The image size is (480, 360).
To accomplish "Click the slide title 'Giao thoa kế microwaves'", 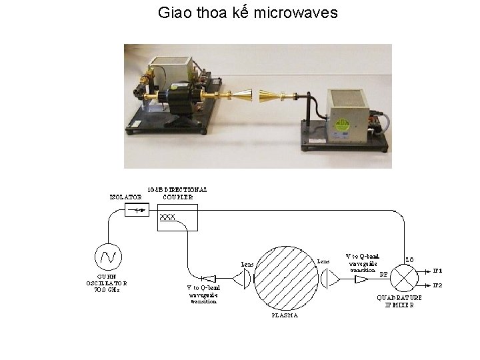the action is click(248, 12).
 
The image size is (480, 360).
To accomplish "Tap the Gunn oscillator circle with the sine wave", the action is click(108, 255).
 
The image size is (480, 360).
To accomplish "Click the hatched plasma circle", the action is click(287, 277).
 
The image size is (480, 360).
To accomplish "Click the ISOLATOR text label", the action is click(125, 197).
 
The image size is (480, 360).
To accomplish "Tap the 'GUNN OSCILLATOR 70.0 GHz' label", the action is click(107, 283).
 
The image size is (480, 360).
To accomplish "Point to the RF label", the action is click(383, 273).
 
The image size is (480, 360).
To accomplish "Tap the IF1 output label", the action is click(437, 271).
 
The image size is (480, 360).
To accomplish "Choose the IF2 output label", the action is click(437, 285).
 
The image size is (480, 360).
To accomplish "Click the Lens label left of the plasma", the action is click(247, 264).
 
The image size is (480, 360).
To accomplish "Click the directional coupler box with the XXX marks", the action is click(177, 218).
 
